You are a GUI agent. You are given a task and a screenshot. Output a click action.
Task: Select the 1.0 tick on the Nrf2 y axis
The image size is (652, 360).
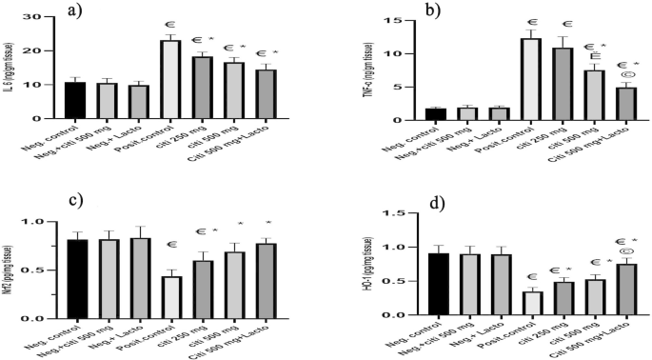tap(42, 222)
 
